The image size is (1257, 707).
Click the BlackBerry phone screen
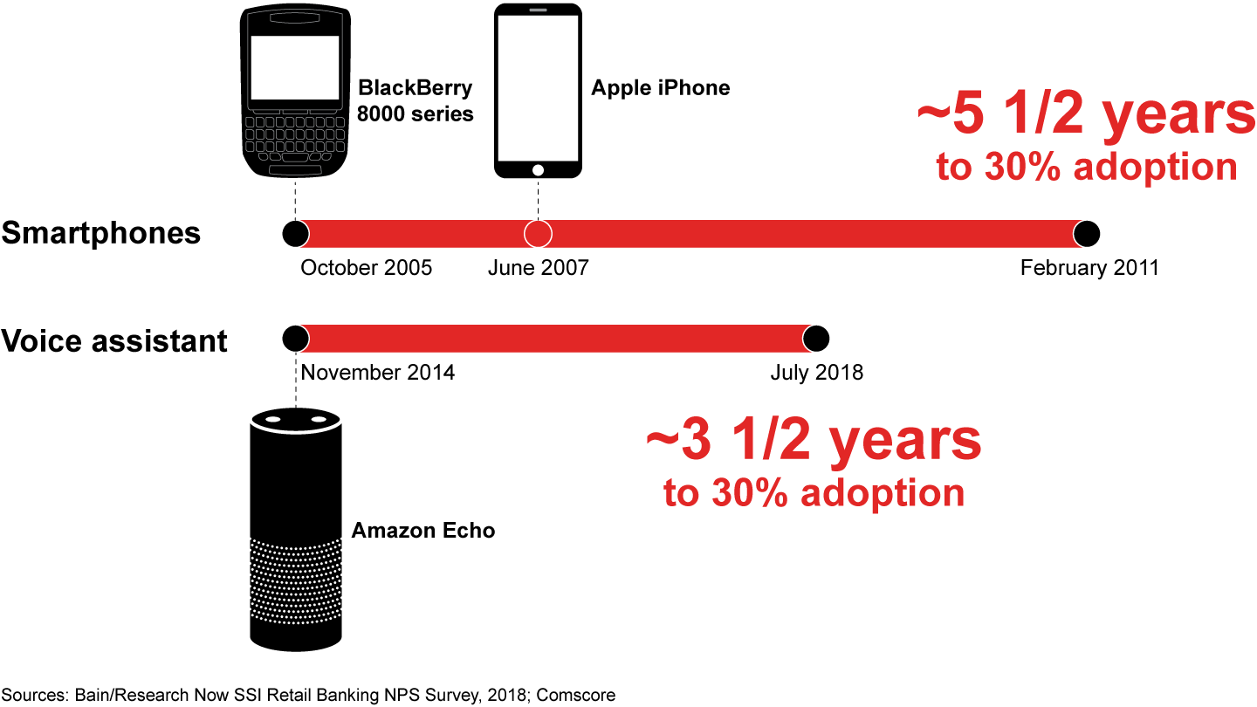point(295,67)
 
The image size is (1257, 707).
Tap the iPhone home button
point(538,169)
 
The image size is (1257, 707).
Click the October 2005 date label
point(367,268)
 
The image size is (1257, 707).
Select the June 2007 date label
point(538,268)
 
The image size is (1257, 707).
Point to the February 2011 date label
point(1089,268)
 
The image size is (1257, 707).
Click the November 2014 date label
point(378,373)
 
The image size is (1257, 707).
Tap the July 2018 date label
point(816,373)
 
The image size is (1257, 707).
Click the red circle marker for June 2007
point(538,234)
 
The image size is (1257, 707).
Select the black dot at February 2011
point(1087,234)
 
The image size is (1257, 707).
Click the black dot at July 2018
point(815,338)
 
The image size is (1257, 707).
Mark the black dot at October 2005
point(296,234)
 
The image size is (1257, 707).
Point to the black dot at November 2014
point(296,338)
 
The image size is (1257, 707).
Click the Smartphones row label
point(101,234)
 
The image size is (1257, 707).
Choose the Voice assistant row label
point(114,340)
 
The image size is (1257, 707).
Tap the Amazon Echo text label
point(422,531)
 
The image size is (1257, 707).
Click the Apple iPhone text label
point(660,87)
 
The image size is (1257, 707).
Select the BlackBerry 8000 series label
point(416,100)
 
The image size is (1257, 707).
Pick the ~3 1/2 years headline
point(814,441)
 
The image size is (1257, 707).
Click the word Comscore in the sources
point(576,696)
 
